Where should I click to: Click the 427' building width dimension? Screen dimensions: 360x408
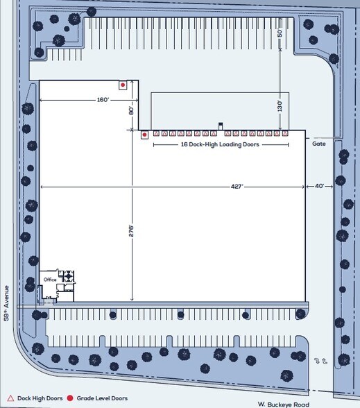coord(237,187)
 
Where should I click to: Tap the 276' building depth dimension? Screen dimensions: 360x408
coord(131,231)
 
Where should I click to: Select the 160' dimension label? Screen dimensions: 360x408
coord(103,100)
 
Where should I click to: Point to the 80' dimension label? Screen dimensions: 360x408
coord(131,110)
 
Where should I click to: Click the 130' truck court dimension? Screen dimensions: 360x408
coord(280,106)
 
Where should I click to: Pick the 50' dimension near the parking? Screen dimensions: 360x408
coord(280,33)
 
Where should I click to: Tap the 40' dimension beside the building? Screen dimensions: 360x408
coord(319,186)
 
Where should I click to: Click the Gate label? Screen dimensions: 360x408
coord(319,144)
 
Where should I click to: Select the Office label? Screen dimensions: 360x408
coord(50,280)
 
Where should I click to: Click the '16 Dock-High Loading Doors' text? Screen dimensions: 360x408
coord(220,144)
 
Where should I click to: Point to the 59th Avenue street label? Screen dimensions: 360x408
coord(6,303)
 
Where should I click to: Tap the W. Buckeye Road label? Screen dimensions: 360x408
coord(284,405)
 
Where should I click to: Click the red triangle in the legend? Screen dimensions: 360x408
coord(10,398)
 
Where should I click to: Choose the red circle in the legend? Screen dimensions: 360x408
coord(70,398)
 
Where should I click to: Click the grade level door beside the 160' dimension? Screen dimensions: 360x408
coord(123,85)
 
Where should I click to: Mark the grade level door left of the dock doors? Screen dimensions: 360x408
coord(144,135)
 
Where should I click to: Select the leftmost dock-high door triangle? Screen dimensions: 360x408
coord(156,134)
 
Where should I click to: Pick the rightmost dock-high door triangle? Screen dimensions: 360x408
coord(285,134)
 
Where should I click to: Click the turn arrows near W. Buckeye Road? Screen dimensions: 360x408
coord(320,361)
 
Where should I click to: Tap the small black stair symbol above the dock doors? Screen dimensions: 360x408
coord(221,126)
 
